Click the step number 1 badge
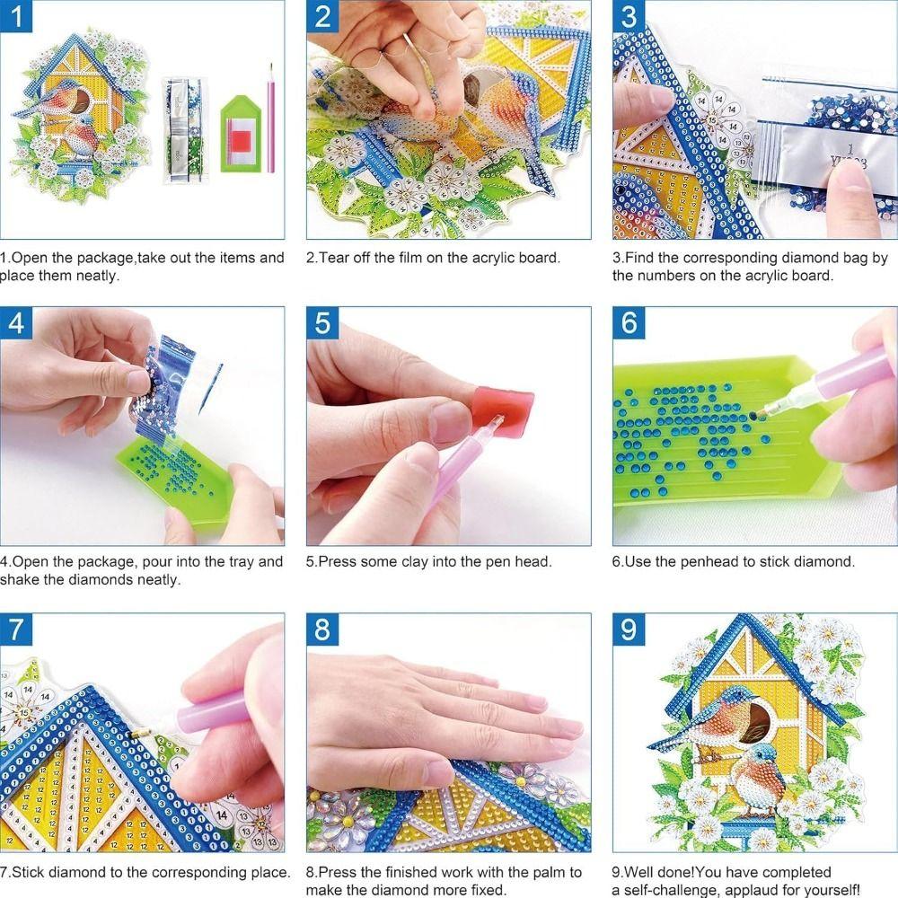click(x=16, y=16)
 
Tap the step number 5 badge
click(x=323, y=323)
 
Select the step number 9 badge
click(x=629, y=629)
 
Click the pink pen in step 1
click(x=269, y=117)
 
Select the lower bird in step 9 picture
click(x=759, y=777)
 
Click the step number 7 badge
click(x=16, y=629)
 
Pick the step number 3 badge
click(x=629, y=16)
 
